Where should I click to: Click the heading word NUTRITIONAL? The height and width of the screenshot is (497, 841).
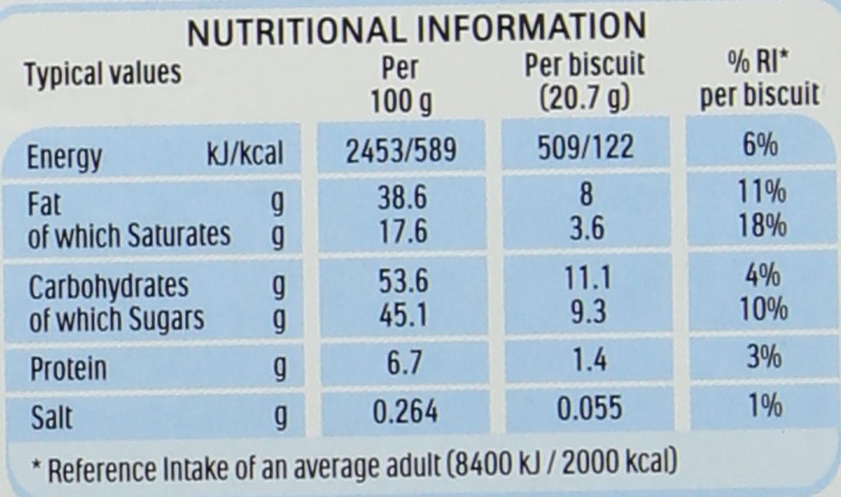[x=290, y=31]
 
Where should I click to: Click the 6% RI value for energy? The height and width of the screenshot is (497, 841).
[x=758, y=147]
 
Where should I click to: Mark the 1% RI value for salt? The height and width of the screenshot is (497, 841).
[x=759, y=407]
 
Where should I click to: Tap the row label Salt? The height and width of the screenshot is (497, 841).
[x=50, y=414]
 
